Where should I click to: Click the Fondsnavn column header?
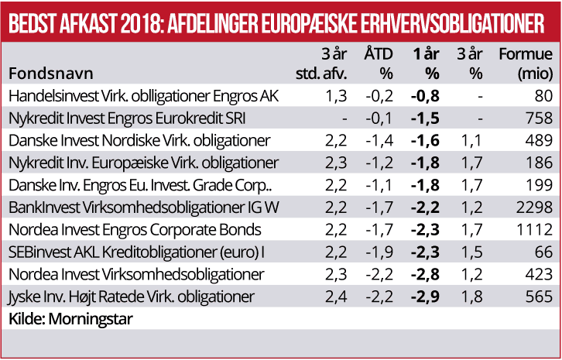click(x=50, y=74)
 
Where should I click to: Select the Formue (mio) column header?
click(x=526, y=64)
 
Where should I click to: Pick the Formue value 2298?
click(x=536, y=207)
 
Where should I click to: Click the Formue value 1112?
click(x=536, y=230)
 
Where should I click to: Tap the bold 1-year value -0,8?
click(x=426, y=96)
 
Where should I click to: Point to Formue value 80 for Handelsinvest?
click(x=543, y=96)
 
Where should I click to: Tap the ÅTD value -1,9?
click(x=379, y=252)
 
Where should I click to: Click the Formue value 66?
click(x=543, y=252)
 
